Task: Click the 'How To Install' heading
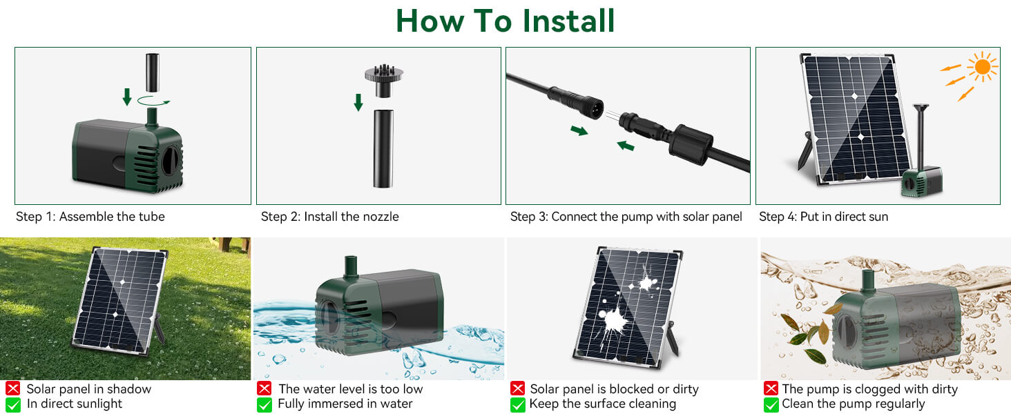pyautogui.click(x=505, y=21)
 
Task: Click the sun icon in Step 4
pyautogui.click(x=982, y=68)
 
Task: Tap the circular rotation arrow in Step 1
pyautogui.click(x=153, y=101)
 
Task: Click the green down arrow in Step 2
pyautogui.click(x=358, y=103)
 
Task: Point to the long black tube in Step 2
pyautogui.click(x=383, y=148)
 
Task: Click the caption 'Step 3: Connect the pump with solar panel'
pyautogui.click(x=626, y=217)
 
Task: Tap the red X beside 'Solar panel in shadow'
pyautogui.click(x=12, y=389)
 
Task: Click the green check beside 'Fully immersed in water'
pyautogui.click(x=264, y=404)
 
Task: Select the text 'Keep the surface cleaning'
pyautogui.click(x=602, y=404)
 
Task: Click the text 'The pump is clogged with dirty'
pyautogui.click(x=869, y=389)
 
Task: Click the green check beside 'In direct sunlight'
pyautogui.click(x=12, y=404)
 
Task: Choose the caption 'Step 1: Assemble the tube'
pyautogui.click(x=90, y=217)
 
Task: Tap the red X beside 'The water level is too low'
pyautogui.click(x=264, y=389)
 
